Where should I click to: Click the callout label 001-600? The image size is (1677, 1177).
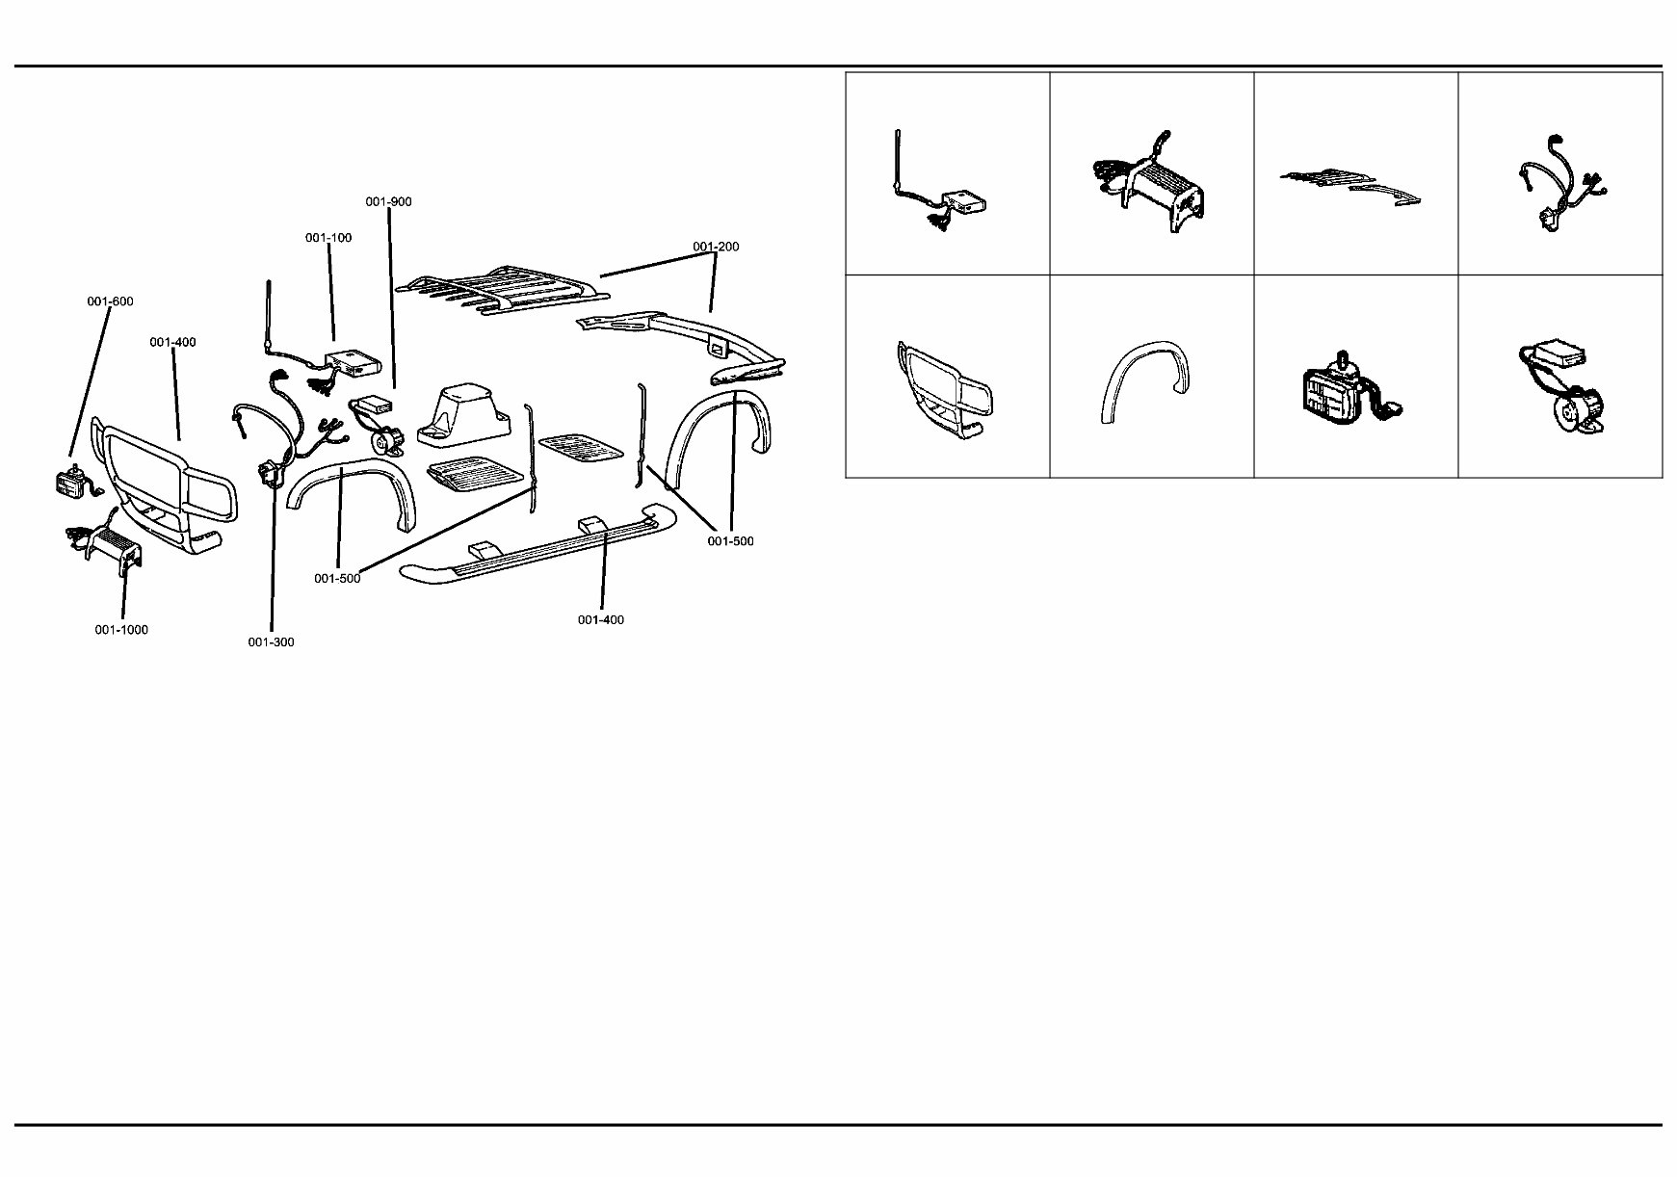click(110, 301)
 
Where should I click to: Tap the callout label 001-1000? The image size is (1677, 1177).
click(121, 630)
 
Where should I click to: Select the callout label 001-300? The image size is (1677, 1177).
click(271, 642)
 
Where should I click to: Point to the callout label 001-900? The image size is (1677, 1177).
click(388, 201)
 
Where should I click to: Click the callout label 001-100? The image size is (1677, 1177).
click(328, 238)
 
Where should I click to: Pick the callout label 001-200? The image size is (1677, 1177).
click(716, 247)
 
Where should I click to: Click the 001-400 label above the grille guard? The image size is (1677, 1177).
click(172, 342)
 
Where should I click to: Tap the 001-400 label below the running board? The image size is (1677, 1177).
click(601, 620)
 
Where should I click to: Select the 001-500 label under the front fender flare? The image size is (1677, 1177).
click(337, 579)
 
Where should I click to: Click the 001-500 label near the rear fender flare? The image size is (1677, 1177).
click(730, 541)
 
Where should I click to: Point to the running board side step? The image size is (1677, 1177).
click(539, 549)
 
